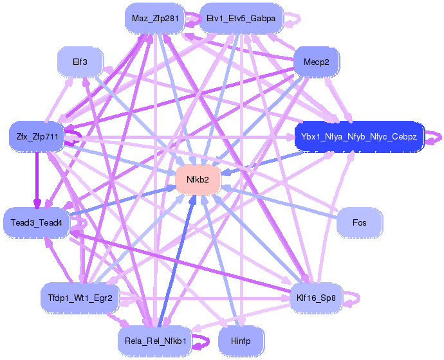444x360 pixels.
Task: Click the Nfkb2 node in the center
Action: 198,179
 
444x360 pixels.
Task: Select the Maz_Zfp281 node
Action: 155,18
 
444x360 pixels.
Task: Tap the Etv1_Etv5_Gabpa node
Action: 241,18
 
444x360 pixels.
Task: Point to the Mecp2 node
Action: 316,62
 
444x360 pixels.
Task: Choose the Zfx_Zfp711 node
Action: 33,136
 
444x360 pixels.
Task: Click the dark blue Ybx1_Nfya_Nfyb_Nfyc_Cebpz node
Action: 359,136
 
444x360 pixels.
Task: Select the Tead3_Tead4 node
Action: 36,222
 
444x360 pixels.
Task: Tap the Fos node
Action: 360,222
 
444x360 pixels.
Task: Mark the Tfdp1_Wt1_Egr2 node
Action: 80,298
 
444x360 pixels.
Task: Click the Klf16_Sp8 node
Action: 316,298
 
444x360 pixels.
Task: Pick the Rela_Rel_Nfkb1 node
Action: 155,341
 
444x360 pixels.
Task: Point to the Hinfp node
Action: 241,341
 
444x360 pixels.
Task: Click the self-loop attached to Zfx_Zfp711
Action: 76,136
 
